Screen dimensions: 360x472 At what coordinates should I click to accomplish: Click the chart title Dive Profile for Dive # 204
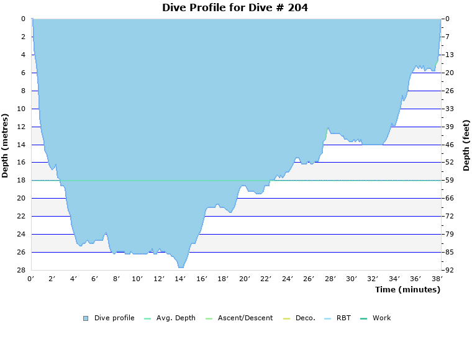[x=235, y=8]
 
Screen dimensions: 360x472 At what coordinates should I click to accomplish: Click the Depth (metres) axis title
[x=6, y=145]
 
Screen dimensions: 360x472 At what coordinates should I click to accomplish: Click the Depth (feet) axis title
[x=466, y=145]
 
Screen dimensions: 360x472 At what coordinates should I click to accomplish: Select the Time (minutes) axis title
[x=407, y=289]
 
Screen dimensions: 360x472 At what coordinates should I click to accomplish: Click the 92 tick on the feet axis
[x=449, y=270]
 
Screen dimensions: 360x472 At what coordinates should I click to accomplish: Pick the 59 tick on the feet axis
[x=449, y=181]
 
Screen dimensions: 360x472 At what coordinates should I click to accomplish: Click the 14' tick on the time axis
[x=180, y=279]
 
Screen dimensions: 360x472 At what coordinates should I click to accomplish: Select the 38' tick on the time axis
[x=436, y=279]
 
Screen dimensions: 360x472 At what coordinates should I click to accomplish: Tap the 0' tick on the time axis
[x=31, y=279]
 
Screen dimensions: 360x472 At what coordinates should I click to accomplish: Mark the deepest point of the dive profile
[x=181, y=267]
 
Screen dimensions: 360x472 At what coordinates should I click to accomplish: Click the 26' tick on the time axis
[x=308, y=279]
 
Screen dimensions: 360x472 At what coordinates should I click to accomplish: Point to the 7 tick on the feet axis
[x=449, y=37]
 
